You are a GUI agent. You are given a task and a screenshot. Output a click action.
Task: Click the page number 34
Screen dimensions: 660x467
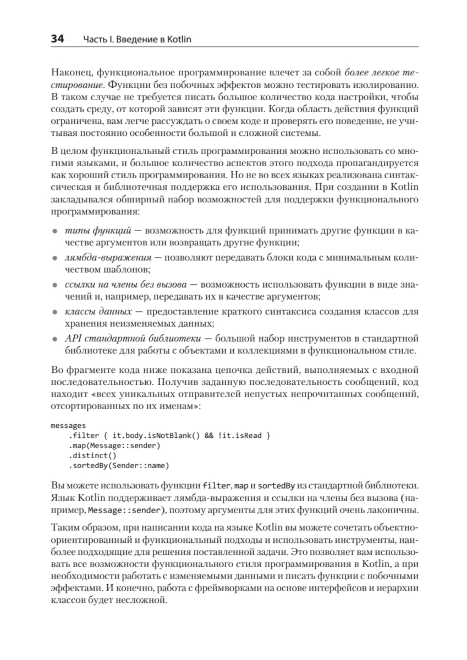[x=57, y=39]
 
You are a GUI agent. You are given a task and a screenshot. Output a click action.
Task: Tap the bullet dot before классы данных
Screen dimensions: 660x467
[x=54, y=312]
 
